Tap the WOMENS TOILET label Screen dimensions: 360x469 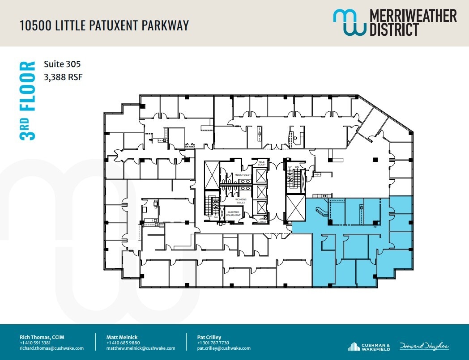pyautogui.click(x=241, y=201)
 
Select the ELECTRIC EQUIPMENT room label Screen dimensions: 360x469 pyautogui.click(x=233, y=213)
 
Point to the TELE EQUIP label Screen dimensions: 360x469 pyautogui.click(x=261, y=163)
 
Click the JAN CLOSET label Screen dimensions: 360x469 pyautogui.click(x=262, y=220)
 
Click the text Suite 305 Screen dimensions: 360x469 pyautogui.click(x=62, y=64)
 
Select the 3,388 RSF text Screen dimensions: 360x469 pyautogui.click(x=63, y=77)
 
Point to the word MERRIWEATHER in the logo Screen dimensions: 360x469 pyautogui.click(x=413, y=17)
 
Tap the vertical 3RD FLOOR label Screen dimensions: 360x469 pyautogui.click(x=28, y=101)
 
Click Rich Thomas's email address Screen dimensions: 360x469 pyautogui.click(x=51, y=348)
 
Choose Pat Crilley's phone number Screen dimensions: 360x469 pyautogui.click(x=213, y=343)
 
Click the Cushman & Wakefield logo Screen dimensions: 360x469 pyautogui.click(x=369, y=347)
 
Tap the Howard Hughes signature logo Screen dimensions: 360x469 pyautogui.click(x=425, y=347)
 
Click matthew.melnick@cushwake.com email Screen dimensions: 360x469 pyautogui.click(x=141, y=348)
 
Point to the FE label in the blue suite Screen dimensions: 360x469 pyautogui.click(x=375, y=227)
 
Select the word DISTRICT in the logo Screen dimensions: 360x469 pyautogui.click(x=394, y=30)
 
